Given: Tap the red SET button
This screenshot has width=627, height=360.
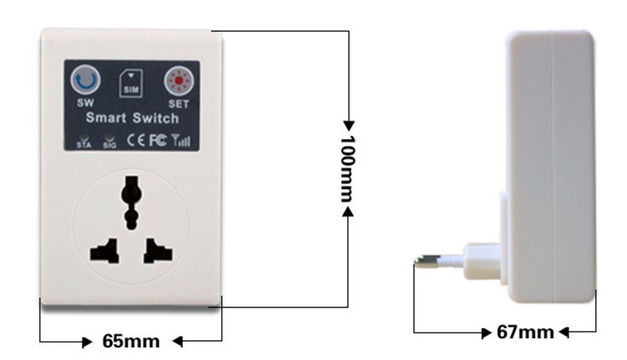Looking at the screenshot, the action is click(x=179, y=81).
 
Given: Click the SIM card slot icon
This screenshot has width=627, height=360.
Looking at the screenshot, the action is click(x=131, y=84).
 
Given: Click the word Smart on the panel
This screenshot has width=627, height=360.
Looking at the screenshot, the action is click(x=106, y=118).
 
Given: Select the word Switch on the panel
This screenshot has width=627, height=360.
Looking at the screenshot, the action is click(x=155, y=118).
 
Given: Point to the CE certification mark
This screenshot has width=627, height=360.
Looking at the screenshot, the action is click(x=136, y=140).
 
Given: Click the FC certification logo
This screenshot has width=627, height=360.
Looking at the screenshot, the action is click(x=158, y=140).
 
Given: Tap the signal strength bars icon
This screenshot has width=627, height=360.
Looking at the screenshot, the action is click(x=181, y=140).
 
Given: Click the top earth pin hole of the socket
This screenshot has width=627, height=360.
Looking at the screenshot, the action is click(x=132, y=202).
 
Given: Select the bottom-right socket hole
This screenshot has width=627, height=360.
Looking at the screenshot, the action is click(x=158, y=251).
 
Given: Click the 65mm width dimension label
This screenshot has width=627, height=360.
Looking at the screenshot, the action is click(x=131, y=341).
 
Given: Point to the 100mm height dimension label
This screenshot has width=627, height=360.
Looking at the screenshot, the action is click(x=347, y=169).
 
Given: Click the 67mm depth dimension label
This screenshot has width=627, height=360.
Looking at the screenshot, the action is click(x=525, y=332).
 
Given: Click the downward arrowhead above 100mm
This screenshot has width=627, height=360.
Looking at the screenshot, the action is click(x=348, y=125).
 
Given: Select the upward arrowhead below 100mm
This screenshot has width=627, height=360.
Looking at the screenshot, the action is click(x=348, y=211).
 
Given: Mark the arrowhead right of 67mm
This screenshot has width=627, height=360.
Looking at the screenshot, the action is click(x=564, y=332).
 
